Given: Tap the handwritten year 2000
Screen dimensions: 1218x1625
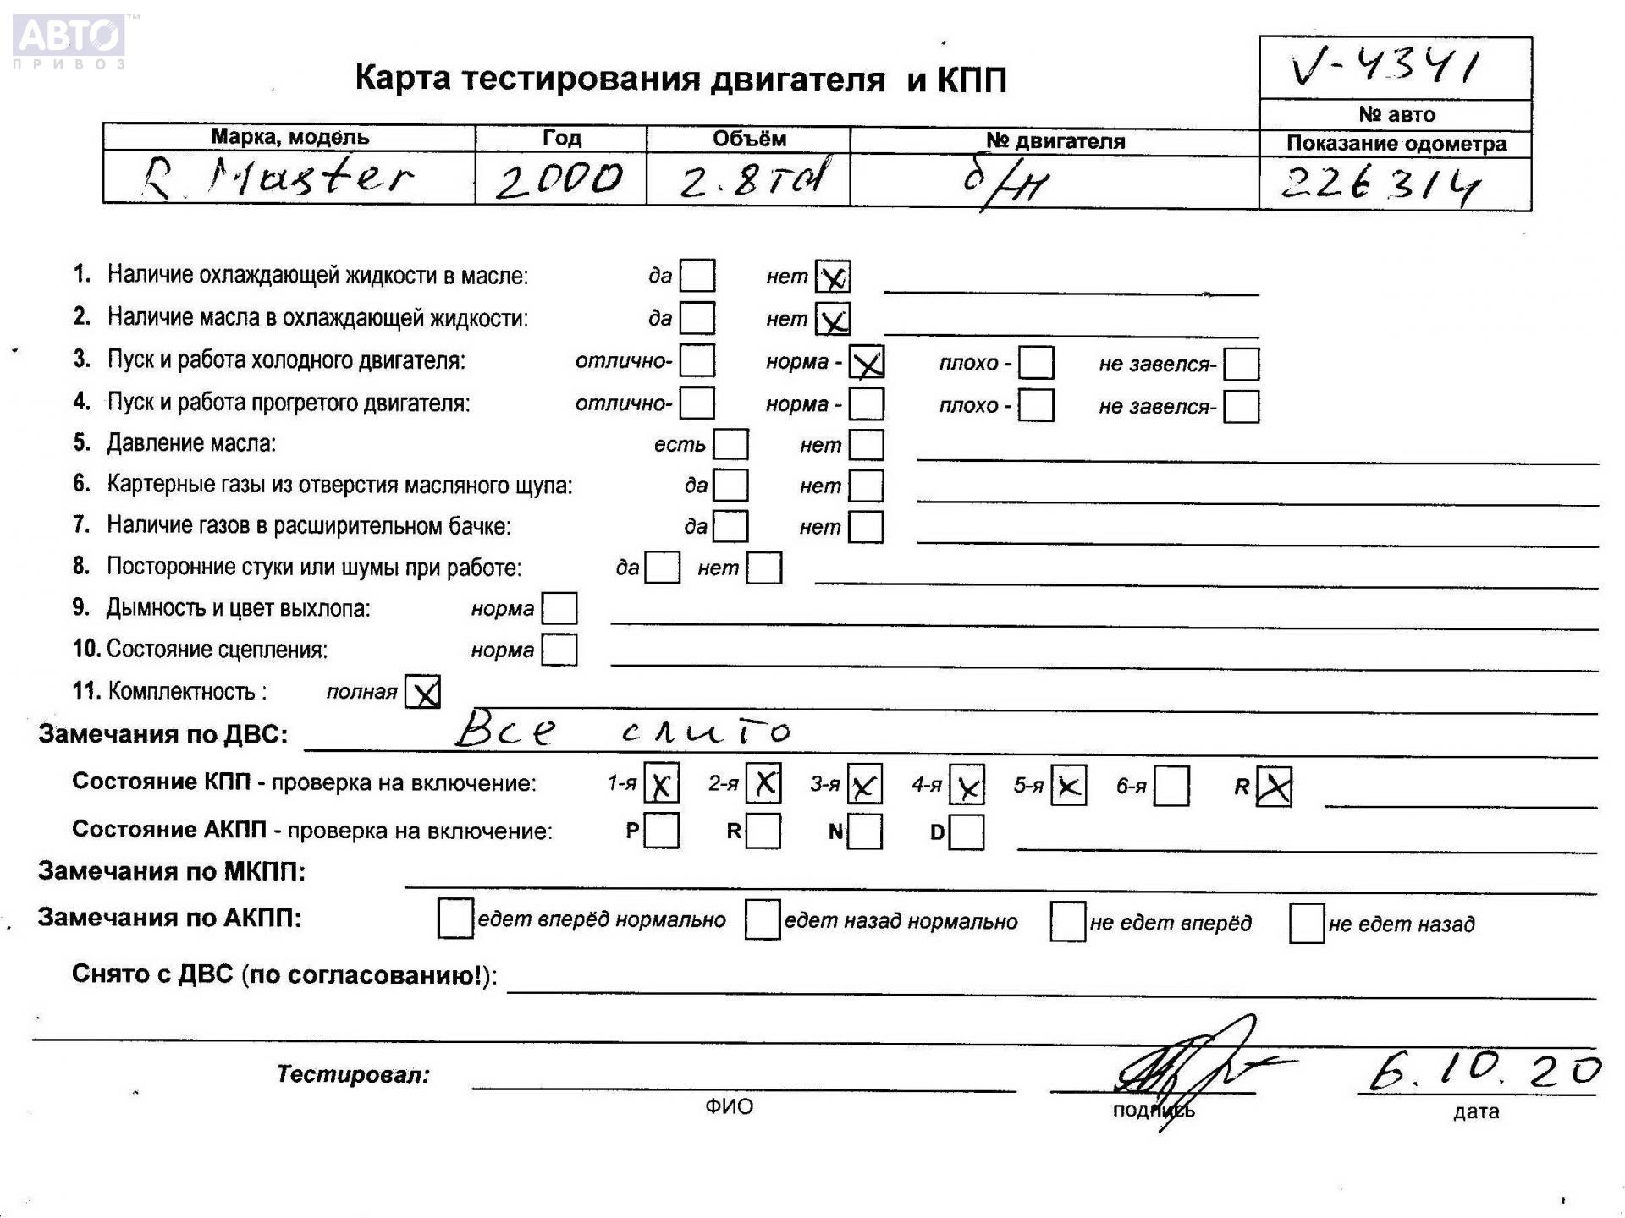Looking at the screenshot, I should tap(559, 179).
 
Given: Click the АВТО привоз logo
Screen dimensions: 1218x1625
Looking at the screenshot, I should tap(69, 41).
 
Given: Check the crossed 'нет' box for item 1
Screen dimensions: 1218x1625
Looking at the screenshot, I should tap(833, 277).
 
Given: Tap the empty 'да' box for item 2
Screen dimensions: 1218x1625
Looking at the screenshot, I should tap(697, 318).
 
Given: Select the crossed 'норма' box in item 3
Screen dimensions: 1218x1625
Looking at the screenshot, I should tap(867, 363).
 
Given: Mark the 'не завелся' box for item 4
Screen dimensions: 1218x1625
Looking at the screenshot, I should tap(1242, 407).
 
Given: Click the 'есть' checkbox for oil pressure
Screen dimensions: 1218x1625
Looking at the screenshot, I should tap(731, 444).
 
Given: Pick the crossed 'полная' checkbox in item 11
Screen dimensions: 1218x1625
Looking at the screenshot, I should tap(422, 692).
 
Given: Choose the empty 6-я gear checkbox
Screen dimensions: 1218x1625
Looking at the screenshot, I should tap(1171, 787).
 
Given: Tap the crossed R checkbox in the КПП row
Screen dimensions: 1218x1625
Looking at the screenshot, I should tap(1274, 787).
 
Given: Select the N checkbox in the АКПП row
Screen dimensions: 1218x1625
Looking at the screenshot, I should tap(865, 832).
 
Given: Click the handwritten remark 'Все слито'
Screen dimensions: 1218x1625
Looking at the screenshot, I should tap(622, 729).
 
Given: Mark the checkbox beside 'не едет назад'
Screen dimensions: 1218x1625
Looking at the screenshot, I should tap(1306, 923).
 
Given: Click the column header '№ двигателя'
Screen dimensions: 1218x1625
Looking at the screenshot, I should tap(1055, 141).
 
